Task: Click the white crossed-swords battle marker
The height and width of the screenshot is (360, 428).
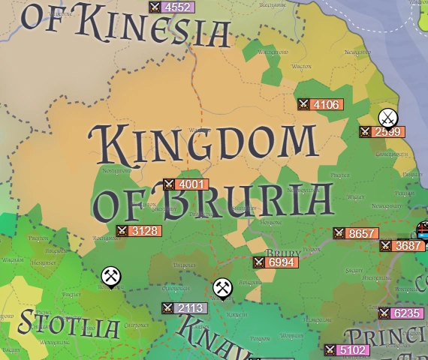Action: click(387, 118)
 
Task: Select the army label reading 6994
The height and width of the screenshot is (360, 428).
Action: click(276, 262)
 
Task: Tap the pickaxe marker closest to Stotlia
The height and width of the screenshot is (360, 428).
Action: click(111, 277)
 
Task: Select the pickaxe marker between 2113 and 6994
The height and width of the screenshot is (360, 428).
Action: click(222, 287)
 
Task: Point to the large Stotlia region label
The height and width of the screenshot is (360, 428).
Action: click(69, 324)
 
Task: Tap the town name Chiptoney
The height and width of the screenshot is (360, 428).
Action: click(137, 325)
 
